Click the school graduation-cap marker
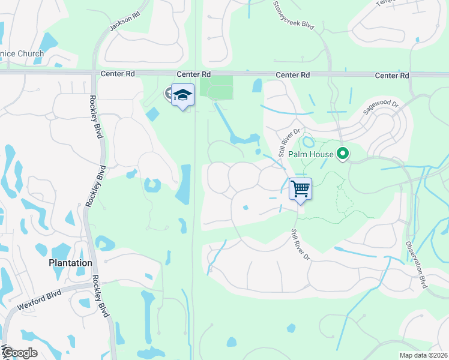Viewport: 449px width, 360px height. click(x=183, y=95)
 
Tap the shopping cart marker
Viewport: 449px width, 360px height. click(x=300, y=189)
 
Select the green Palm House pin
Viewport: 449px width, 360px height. click(x=343, y=154)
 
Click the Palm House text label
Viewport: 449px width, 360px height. click(x=310, y=154)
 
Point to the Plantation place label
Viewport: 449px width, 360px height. click(x=71, y=263)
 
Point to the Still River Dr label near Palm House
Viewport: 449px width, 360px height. click(x=289, y=139)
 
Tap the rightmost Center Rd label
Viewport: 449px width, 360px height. click(x=391, y=76)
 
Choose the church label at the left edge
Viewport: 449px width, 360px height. click(x=22, y=53)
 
